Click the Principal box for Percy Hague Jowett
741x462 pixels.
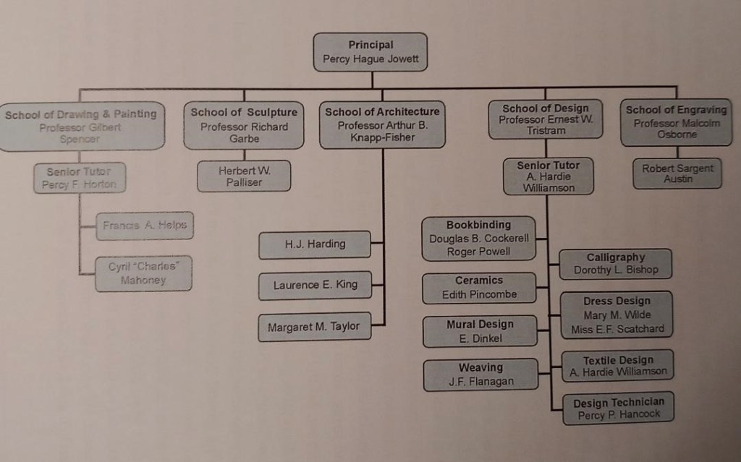pyautogui.click(x=370, y=52)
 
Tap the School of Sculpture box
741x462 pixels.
pyautogui.click(x=244, y=125)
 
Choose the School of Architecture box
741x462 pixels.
pyautogui.click(x=382, y=124)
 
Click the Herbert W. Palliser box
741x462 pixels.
pyautogui.click(x=244, y=176)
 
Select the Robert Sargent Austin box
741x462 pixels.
pyautogui.click(x=677, y=174)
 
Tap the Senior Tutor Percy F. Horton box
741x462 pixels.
pyautogui.click(x=80, y=178)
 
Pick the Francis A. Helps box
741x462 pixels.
pyautogui.click(x=145, y=226)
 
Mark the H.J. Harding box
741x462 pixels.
pyautogui.click(x=315, y=244)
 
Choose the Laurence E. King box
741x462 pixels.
pyautogui.click(x=315, y=285)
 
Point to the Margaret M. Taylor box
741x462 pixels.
pyautogui.click(x=313, y=327)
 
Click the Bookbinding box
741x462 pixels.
pyautogui.click(x=478, y=239)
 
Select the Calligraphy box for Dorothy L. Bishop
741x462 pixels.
pyautogui.click(x=615, y=264)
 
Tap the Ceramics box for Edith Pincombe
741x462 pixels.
pyautogui.click(x=478, y=288)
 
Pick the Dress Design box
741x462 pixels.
pyautogui.click(x=617, y=315)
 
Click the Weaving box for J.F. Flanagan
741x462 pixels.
pyautogui.click(x=480, y=375)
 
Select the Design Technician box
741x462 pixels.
pyautogui.click(x=618, y=409)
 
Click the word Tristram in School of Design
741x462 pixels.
pyautogui.click(x=546, y=131)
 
